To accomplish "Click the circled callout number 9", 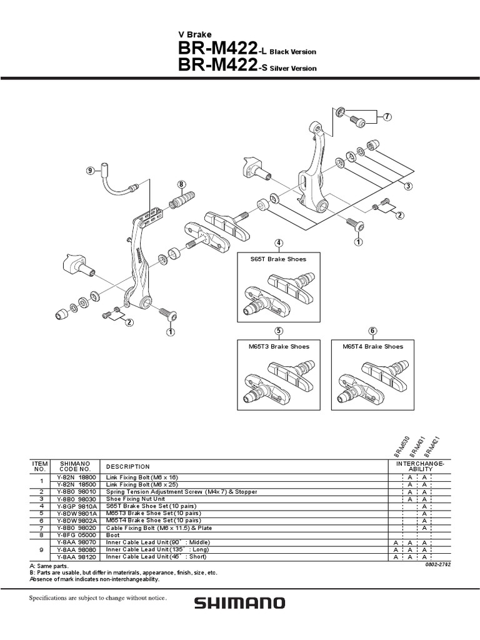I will point(89,170).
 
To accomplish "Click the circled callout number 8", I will point(181,184).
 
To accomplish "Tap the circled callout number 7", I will point(387,117).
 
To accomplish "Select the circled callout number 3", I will point(407,186).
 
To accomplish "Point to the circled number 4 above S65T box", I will point(278,243).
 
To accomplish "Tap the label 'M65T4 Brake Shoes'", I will point(372,346).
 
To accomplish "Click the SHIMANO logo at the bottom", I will point(239,603).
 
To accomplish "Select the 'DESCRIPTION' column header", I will point(128,466).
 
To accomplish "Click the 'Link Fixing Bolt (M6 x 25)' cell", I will point(141,483).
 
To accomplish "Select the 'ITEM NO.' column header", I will point(39,466).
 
